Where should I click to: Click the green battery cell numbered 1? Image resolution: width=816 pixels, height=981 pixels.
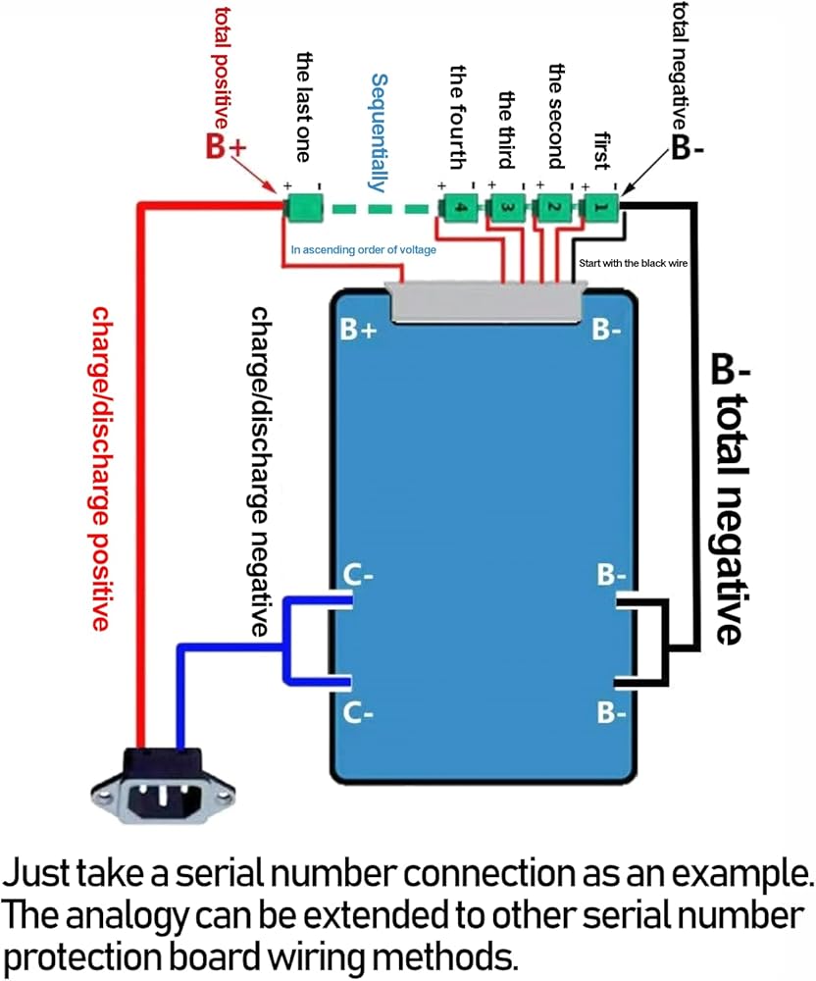point(599,207)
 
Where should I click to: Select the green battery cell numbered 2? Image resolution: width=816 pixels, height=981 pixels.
point(552,207)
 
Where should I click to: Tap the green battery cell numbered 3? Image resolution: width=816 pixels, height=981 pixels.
point(506,207)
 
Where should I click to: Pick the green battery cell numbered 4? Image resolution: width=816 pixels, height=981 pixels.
point(459,207)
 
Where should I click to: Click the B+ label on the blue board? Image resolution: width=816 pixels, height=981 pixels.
point(358,330)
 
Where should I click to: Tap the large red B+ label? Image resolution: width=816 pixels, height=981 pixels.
point(228,147)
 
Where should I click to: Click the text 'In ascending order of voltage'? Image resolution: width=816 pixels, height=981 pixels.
point(363,249)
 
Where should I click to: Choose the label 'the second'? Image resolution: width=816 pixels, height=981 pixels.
point(556,116)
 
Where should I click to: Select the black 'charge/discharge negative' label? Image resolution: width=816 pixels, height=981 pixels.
point(260,472)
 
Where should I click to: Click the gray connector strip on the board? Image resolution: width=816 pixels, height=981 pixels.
point(487,301)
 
